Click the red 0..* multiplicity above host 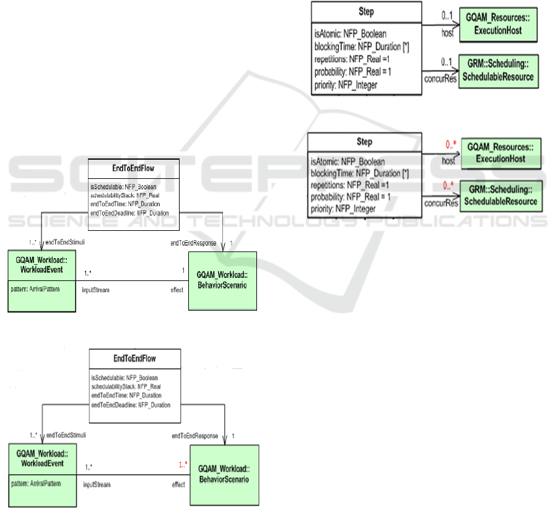pyautogui.click(x=451, y=145)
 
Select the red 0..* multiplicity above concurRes pyautogui.click(x=451, y=186)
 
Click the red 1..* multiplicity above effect pyautogui.click(x=181, y=464)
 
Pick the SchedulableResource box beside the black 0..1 pyautogui.click(x=497, y=72)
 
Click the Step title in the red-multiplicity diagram pyautogui.click(x=365, y=142)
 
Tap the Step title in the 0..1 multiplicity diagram pyautogui.click(x=366, y=12)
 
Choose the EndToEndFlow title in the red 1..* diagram pyautogui.click(x=134, y=358)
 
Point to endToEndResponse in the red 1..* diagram pyautogui.click(x=194, y=436)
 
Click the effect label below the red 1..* pyautogui.click(x=178, y=485)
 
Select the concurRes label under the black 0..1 pyautogui.click(x=441, y=78)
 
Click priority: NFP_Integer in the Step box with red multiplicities pyautogui.click(x=343, y=210)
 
